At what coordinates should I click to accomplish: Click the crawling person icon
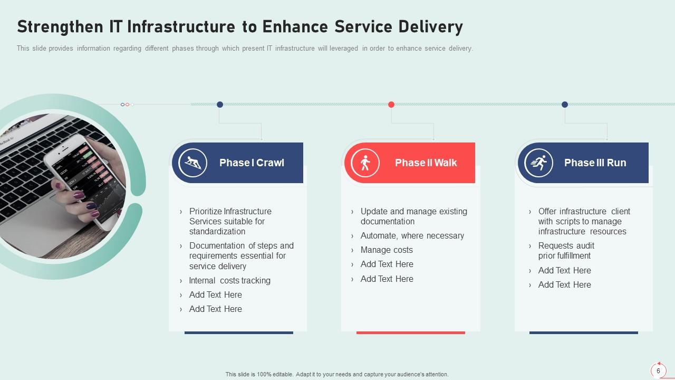(x=192, y=163)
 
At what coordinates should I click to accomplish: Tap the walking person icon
(x=365, y=163)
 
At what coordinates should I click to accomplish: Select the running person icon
(x=538, y=163)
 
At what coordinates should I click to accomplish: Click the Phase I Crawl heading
(x=252, y=163)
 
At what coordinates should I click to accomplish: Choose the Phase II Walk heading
(x=426, y=163)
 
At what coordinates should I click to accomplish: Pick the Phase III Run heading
(x=595, y=163)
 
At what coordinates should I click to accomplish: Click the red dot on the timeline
(x=391, y=104)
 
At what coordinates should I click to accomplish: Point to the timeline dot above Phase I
(x=220, y=104)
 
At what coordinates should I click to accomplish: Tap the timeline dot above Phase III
(x=565, y=104)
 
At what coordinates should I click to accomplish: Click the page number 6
(x=658, y=371)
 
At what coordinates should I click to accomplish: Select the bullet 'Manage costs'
(x=387, y=250)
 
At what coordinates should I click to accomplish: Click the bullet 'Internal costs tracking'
(x=229, y=281)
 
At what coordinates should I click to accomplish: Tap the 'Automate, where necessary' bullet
(x=412, y=236)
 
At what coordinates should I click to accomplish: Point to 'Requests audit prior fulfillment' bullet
(x=566, y=251)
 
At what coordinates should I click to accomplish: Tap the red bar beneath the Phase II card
(x=410, y=332)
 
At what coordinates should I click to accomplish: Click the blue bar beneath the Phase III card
(x=583, y=332)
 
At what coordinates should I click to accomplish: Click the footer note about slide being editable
(x=337, y=374)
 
